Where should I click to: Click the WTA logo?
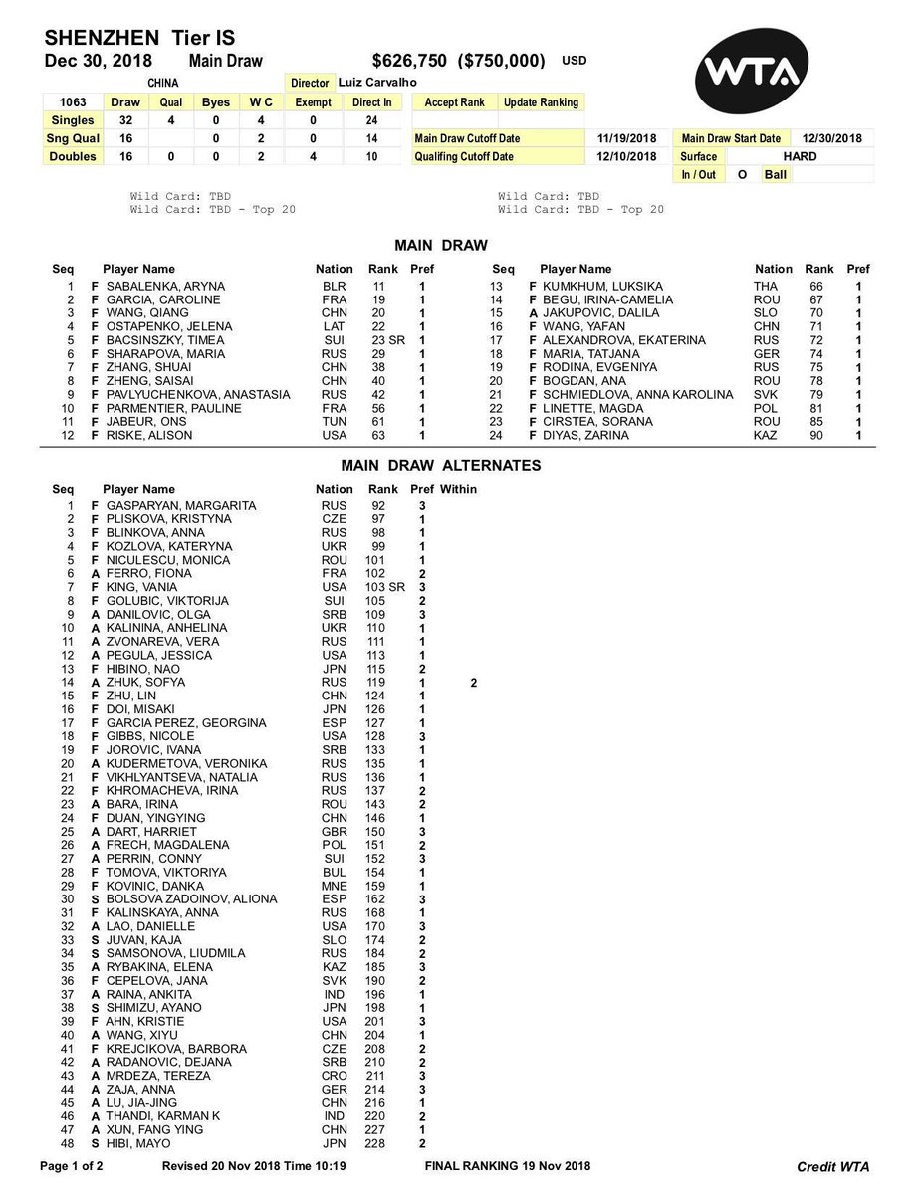coord(760,72)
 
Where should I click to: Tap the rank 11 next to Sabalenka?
coord(378,287)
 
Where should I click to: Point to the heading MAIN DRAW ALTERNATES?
coord(441,465)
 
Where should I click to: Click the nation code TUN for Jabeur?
coord(335,422)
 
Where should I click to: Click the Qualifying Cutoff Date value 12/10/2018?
coord(627,156)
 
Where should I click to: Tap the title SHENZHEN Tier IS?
coord(139,38)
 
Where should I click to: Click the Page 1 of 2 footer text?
coord(76,1165)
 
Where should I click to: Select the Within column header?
coord(458,489)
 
